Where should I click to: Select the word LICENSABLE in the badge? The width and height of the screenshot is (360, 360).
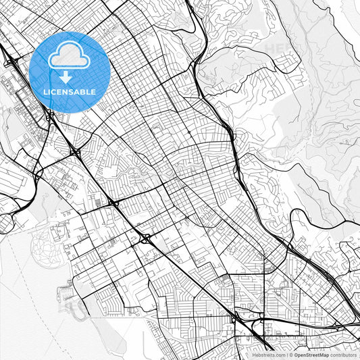[x=70, y=91]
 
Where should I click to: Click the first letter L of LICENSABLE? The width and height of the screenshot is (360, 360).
[x=45, y=91]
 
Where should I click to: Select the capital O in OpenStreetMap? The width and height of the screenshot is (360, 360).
[x=294, y=354]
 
